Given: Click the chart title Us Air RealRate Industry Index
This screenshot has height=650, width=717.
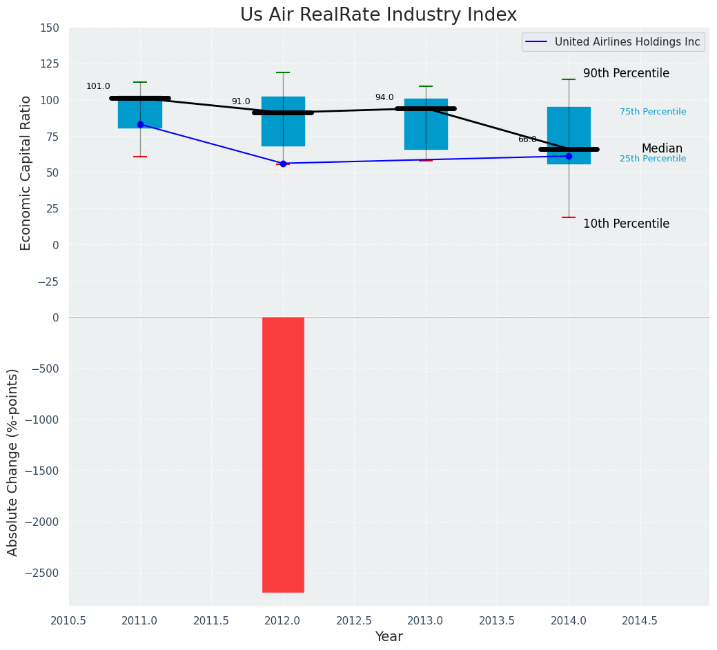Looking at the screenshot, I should [x=378, y=15].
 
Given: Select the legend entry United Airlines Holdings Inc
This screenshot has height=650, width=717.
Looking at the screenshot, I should [x=627, y=42].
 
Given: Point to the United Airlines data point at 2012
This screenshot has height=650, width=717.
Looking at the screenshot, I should [x=283, y=164].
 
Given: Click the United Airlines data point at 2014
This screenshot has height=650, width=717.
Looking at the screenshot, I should [x=569, y=156].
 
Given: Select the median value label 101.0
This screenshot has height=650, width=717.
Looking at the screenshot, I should [x=98, y=86].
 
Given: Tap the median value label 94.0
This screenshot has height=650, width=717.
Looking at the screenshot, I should [x=384, y=97].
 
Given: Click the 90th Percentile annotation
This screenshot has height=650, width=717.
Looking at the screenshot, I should [x=626, y=73].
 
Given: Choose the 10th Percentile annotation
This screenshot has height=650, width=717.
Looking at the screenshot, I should [x=626, y=224].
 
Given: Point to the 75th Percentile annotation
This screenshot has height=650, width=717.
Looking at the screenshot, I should [x=653, y=112].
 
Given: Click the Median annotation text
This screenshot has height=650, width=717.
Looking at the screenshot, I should [x=662, y=148].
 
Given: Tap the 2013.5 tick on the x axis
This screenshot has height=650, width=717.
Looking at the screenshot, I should [x=498, y=620].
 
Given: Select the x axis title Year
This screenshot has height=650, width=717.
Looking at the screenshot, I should [x=389, y=637].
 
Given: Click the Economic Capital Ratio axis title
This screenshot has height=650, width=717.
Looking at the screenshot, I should [x=26, y=173].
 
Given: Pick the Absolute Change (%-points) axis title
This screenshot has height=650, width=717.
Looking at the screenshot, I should [x=13, y=462].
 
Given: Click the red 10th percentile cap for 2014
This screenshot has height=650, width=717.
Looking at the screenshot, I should [x=569, y=217].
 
